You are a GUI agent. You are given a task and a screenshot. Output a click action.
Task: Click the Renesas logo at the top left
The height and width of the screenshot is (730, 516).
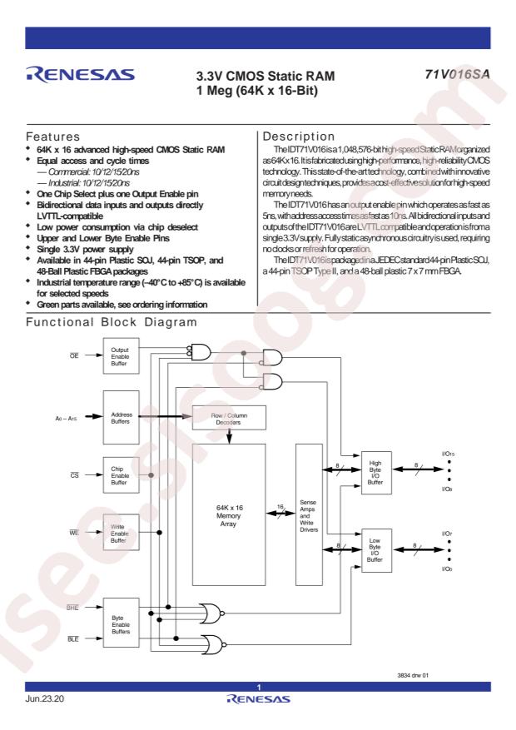81,75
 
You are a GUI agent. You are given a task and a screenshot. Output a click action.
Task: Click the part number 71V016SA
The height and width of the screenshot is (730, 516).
457,74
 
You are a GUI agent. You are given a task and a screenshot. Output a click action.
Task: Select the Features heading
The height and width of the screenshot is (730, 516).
53,137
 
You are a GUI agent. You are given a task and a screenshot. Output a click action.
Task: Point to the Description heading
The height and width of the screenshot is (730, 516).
299,137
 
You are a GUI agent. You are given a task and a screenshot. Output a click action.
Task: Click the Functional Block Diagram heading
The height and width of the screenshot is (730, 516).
112,322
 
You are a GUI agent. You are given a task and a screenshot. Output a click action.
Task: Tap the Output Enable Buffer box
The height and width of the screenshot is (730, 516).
121,356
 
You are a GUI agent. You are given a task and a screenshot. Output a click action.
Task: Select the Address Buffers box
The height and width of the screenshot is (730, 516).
121,418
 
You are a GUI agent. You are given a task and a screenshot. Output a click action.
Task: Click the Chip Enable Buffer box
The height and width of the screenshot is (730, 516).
121,475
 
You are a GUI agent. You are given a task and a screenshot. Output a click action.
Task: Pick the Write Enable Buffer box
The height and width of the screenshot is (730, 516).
121,533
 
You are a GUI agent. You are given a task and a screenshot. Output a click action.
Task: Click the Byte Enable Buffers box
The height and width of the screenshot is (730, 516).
121,623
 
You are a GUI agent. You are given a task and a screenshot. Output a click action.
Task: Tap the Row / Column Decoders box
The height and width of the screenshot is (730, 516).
229,418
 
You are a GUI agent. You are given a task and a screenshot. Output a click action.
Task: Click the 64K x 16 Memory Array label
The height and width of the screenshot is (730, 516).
229,515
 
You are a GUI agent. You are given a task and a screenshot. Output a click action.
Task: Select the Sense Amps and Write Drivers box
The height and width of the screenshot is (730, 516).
309,514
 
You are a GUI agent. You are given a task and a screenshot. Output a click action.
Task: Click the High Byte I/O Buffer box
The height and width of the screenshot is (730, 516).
376,473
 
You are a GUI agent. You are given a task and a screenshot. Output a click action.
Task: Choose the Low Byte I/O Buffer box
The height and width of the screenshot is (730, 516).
376,551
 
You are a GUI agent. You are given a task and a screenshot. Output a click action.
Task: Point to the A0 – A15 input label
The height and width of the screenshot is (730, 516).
66,419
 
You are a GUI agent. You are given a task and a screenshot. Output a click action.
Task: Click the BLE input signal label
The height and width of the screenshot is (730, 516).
73,639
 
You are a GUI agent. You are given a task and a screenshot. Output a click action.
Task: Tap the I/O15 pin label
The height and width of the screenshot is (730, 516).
448,454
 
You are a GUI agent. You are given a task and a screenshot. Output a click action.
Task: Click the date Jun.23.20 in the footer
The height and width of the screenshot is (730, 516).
45,698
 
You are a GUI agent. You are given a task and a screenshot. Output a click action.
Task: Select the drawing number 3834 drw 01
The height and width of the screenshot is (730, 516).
413,675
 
